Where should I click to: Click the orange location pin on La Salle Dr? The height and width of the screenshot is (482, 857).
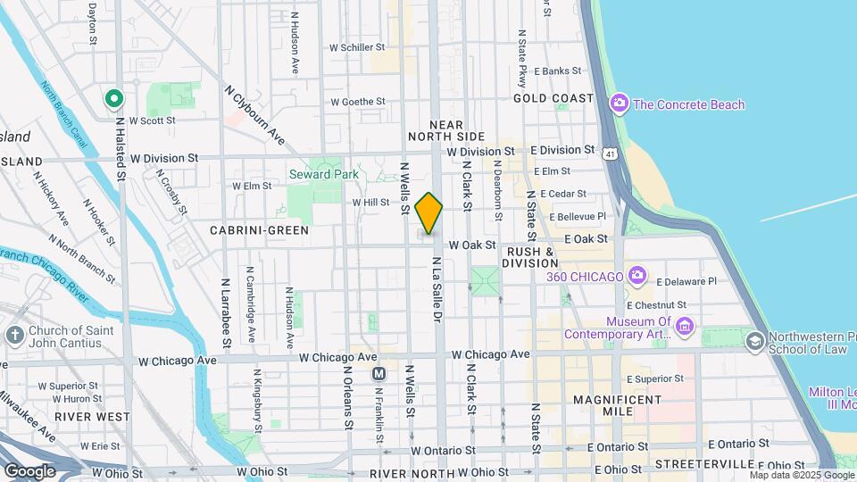[429, 212]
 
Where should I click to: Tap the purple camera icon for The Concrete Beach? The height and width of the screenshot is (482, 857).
[619, 104]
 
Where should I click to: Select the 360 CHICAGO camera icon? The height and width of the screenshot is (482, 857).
[637, 276]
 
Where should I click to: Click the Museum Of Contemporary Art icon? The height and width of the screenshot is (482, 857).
[684, 327]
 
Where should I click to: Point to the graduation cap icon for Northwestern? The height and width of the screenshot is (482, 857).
[755, 341]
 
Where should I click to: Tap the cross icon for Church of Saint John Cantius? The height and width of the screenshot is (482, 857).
[14, 336]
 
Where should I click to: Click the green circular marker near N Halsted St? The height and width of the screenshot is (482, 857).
[113, 98]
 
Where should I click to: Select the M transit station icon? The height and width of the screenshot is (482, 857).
[379, 373]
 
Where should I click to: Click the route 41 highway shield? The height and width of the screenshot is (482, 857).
[609, 154]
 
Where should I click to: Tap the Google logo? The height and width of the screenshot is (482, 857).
[29, 470]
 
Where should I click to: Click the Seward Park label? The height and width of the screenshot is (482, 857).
[322, 174]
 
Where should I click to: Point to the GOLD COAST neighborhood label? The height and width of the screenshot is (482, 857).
[553, 98]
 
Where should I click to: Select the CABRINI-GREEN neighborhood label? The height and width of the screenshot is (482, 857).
[259, 230]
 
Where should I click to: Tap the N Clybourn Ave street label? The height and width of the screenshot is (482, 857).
[254, 115]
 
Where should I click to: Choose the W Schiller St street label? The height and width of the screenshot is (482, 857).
[357, 47]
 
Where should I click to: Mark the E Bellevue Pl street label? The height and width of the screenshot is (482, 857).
[578, 216]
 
